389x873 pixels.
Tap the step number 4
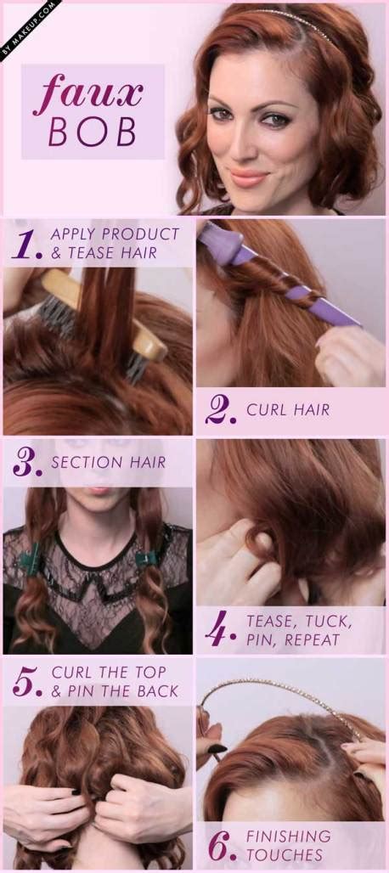pos(222,630)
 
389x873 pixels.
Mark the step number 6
pos(222,846)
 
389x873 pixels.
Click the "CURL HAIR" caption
pos(288,410)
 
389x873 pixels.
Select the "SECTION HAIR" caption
pos(109,463)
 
